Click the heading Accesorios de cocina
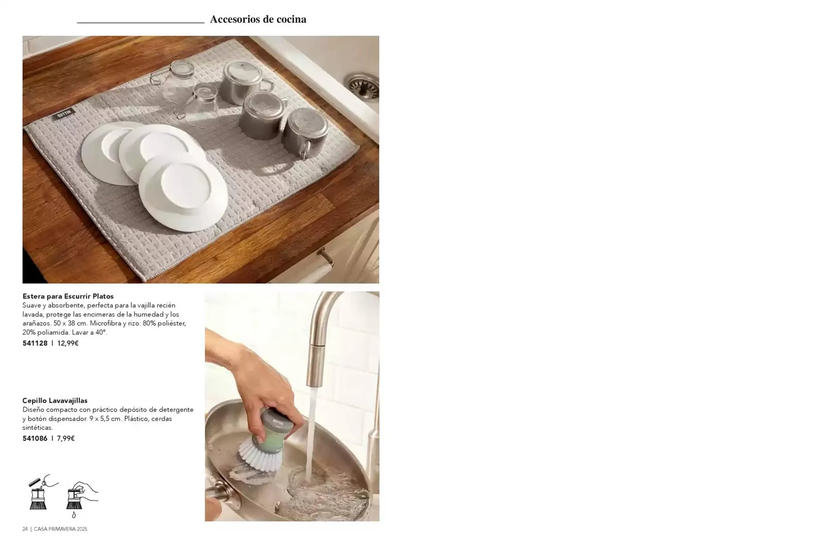(x=258, y=19)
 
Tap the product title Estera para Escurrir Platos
(x=68, y=296)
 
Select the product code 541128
(x=35, y=343)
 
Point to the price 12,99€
(x=68, y=343)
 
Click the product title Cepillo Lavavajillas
(x=55, y=400)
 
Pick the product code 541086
(x=35, y=438)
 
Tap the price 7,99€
(x=66, y=438)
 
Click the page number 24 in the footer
(x=25, y=529)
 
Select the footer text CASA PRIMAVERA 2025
(x=61, y=529)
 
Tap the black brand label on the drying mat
(x=64, y=115)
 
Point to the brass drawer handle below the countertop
(x=325, y=257)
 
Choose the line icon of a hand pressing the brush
(x=81, y=497)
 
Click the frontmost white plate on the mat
(x=183, y=193)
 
